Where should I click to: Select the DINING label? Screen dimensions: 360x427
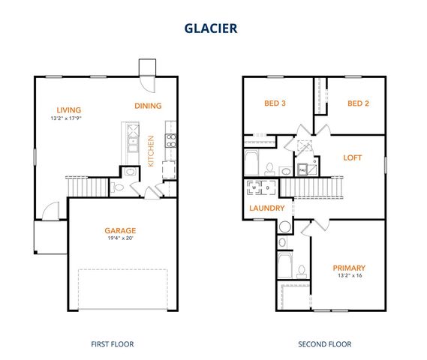[x=148, y=106]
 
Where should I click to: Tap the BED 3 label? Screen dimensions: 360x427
[x=275, y=103]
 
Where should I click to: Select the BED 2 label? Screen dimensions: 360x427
[x=358, y=103]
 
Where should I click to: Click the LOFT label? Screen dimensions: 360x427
[x=353, y=158]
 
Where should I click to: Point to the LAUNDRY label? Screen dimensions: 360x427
[x=267, y=208]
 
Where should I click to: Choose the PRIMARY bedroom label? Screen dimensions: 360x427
[x=349, y=268]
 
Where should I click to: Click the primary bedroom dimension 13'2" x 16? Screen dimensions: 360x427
[x=349, y=276]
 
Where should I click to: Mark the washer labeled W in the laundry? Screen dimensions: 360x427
[x=254, y=187]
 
